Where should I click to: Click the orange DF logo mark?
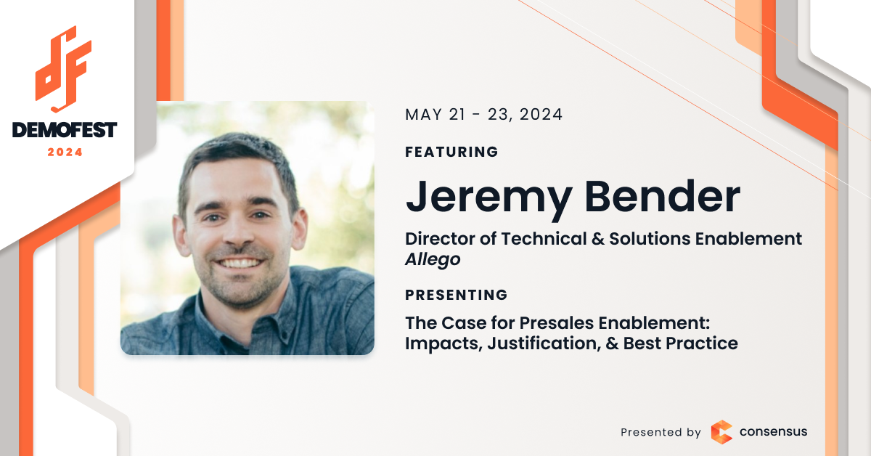[x=63, y=69]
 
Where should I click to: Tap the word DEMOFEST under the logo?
[x=64, y=130]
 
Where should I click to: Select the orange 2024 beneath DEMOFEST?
[x=65, y=152]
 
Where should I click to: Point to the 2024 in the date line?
[x=541, y=115]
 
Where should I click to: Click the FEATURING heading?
[x=451, y=152]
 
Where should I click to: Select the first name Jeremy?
[x=488, y=198]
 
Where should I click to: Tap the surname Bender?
[x=662, y=196]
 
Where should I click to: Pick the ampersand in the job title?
[x=597, y=239]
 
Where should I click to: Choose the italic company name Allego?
[x=433, y=259]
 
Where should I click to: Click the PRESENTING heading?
[x=456, y=295]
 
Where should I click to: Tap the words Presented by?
[x=661, y=432]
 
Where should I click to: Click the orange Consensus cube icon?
[x=721, y=432]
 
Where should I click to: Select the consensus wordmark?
[x=773, y=431]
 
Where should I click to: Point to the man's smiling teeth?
[x=240, y=264]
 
